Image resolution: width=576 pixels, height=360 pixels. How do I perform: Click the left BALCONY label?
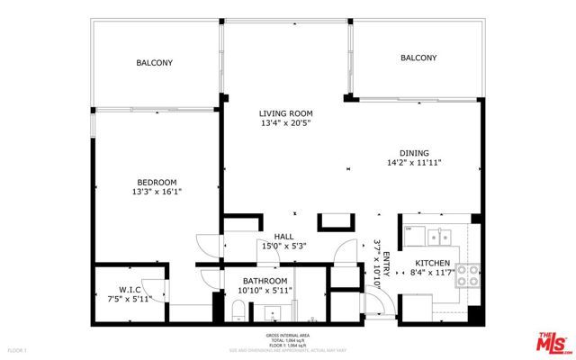pyautogui.click(x=154, y=63)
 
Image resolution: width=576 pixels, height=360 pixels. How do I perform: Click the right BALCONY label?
pyautogui.click(x=418, y=58)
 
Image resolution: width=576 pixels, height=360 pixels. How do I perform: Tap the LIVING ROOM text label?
pyautogui.click(x=285, y=113)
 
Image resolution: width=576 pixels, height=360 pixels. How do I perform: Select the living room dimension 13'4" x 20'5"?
pyautogui.click(x=285, y=124)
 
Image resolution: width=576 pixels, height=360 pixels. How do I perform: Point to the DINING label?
pyautogui.click(x=414, y=153)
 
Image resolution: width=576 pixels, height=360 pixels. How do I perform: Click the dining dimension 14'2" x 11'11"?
pyautogui.click(x=414, y=164)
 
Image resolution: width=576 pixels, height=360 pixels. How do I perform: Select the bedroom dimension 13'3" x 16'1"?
pyautogui.click(x=157, y=191)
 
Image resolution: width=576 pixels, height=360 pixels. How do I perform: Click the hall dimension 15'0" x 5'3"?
pyautogui.click(x=283, y=246)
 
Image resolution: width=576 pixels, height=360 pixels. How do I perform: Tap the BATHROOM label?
pyautogui.click(x=264, y=282)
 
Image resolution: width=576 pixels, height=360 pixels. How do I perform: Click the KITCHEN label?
pyautogui.click(x=432, y=262)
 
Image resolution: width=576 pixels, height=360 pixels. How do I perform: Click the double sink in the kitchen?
pyautogui.click(x=440, y=237)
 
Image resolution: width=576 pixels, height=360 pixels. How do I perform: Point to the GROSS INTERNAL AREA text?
pyautogui.click(x=288, y=336)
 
